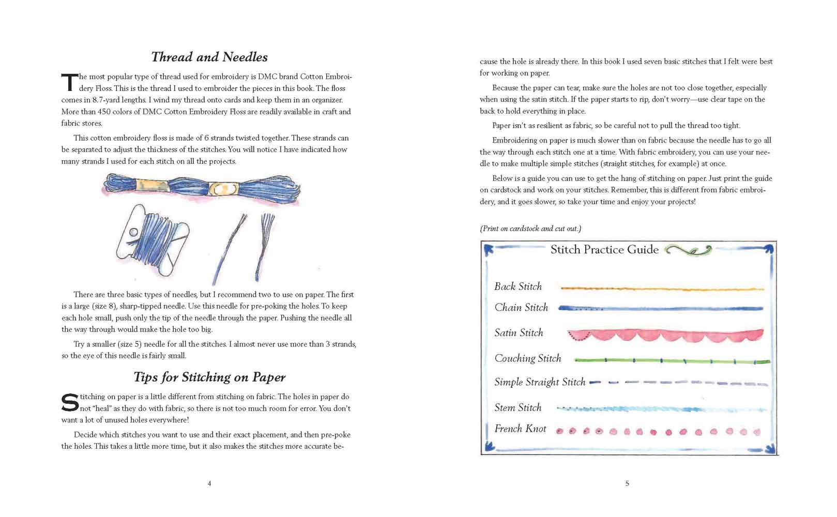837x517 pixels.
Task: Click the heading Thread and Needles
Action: [209, 57]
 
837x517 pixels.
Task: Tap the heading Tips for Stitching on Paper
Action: [209, 377]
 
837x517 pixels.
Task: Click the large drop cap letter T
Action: [69, 83]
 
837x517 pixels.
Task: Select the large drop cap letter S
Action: [70, 403]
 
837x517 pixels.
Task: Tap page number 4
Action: [209, 483]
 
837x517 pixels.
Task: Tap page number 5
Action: [627, 483]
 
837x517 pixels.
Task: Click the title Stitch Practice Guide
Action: [604, 250]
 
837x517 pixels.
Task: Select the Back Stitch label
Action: [518, 286]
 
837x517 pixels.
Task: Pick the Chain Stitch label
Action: [521, 308]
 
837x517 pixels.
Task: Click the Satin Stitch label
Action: [519, 333]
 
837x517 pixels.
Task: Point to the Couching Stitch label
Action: [527, 358]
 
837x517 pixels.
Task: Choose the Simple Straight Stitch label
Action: [540, 382]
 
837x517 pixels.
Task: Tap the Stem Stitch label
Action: [518, 407]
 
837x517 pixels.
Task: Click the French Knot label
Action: [520, 429]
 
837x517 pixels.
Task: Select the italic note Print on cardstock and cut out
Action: [530, 229]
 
